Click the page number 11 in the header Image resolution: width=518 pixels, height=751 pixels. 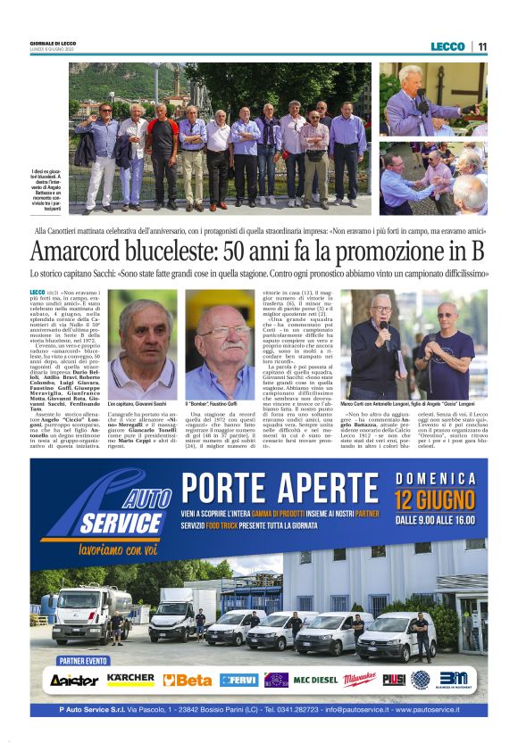(482, 46)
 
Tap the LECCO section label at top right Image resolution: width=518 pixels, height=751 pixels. (447, 46)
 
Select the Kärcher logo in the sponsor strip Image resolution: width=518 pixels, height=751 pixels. (130, 680)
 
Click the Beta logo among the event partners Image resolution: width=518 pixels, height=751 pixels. (188, 680)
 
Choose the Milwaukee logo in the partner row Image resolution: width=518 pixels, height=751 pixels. (360, 680)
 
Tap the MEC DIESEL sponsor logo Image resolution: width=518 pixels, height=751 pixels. (315, 680)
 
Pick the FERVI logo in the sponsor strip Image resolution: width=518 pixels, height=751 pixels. (239, 680)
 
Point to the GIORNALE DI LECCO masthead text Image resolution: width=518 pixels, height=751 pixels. (54, 43)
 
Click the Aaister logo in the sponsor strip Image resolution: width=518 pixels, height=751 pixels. (74, 681)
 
